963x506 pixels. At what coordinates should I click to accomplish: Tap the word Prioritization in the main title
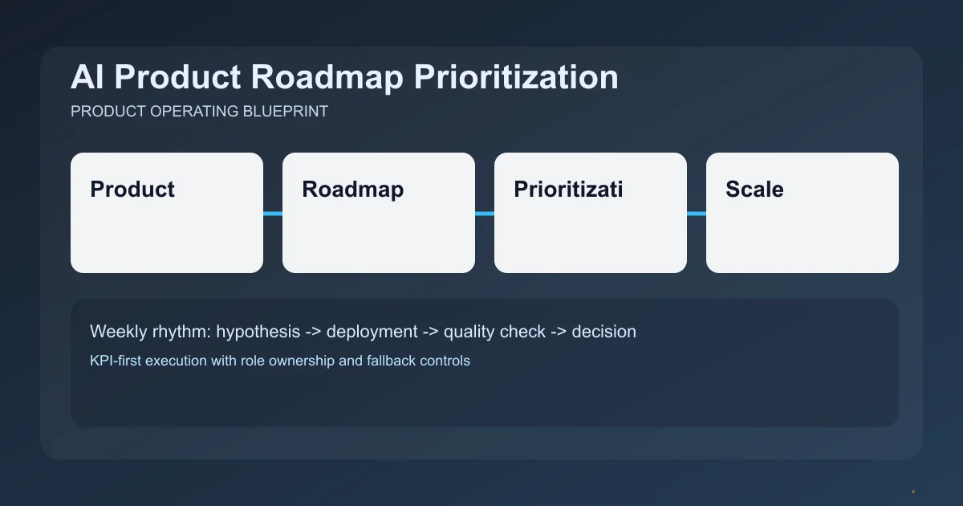coord(516,78)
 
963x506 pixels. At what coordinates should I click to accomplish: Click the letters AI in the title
coord(84,78)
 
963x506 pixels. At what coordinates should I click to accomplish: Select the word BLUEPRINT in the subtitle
coord(285,112)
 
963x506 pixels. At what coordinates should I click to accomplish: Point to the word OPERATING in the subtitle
coord(195,112)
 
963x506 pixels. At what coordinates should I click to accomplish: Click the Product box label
coord(132,190)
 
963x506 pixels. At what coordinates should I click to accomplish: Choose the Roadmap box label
coord(352,190)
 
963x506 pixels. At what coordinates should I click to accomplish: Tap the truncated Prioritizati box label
coord(568,190)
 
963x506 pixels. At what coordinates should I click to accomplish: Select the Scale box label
coord(754,190)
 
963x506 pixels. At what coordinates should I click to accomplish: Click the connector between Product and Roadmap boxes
coord(273,214)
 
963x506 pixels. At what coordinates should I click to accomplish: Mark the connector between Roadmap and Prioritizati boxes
coord(485,214)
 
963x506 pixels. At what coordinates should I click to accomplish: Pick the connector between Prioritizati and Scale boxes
coord(697,214)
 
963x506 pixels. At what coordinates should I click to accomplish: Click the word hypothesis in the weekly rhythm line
coord(258,331)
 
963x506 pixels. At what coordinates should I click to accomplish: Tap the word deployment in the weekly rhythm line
coord(372,331)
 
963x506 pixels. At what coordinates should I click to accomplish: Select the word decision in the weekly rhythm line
coord(603,331)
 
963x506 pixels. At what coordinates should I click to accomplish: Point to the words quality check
coord(494,331)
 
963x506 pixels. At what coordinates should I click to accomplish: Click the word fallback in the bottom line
coord(390,361)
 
